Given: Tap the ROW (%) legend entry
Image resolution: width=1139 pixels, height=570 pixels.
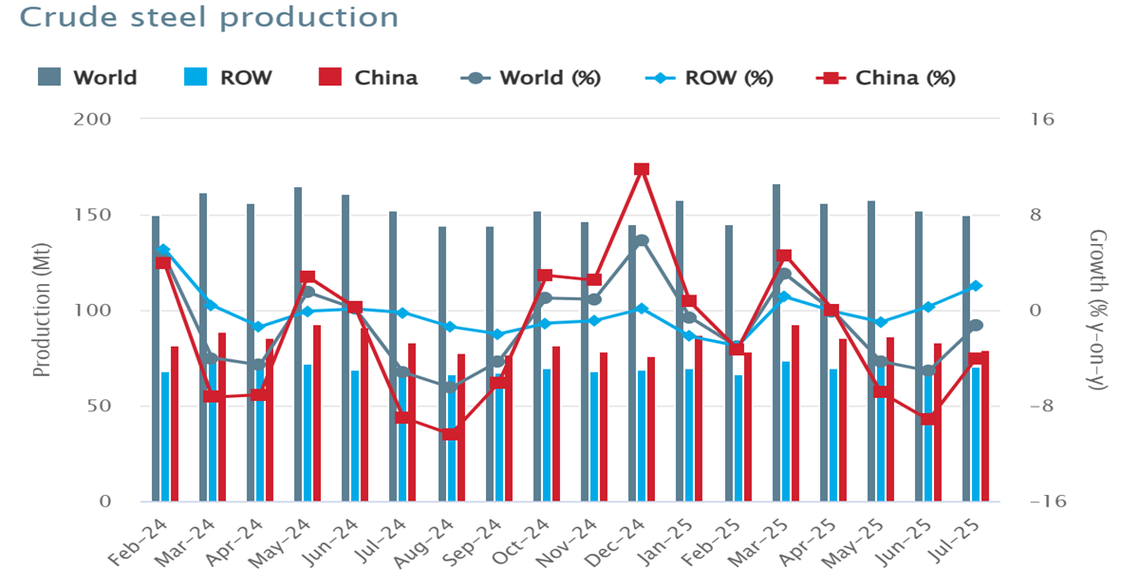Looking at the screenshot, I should coord(717,78).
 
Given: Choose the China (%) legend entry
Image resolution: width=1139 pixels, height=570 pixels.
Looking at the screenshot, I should coord(888,78).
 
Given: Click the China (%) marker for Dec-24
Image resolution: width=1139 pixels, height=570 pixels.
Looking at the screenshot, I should coord(642,169).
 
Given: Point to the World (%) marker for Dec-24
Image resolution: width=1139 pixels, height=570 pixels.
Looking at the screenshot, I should coord(642,240).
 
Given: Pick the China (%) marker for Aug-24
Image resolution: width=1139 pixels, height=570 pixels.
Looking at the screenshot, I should coord(451,434).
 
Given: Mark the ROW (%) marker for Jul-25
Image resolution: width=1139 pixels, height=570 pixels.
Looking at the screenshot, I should coord(976,286).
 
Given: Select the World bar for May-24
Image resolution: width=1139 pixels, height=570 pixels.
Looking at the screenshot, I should coord(298,342).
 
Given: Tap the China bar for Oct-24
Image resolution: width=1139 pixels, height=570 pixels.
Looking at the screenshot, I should coord(556,423).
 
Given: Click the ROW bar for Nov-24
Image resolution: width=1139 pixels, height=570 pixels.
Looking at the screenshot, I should coord(594,436).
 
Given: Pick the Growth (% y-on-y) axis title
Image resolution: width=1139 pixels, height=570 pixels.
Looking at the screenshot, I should coord(1098,311).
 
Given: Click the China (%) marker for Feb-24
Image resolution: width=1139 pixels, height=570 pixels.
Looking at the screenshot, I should coord(163,262).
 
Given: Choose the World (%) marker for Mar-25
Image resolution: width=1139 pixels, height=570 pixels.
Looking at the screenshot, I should coord(785,275).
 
